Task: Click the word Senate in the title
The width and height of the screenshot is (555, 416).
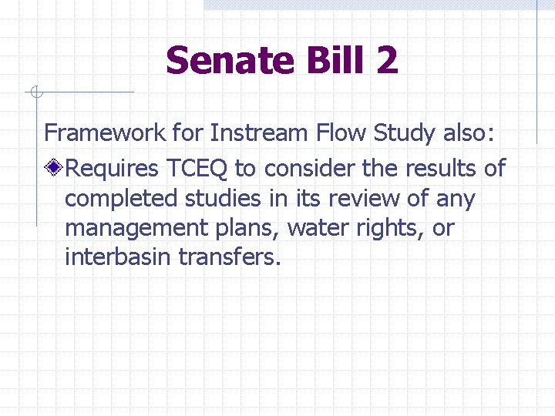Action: [229, 60]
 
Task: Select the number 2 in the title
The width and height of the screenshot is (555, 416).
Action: [388, 60]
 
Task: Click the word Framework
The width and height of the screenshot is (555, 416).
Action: [105, 133]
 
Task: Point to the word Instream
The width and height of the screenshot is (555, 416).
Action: [257, 133]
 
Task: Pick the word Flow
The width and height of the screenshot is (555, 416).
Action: [338, 133]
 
